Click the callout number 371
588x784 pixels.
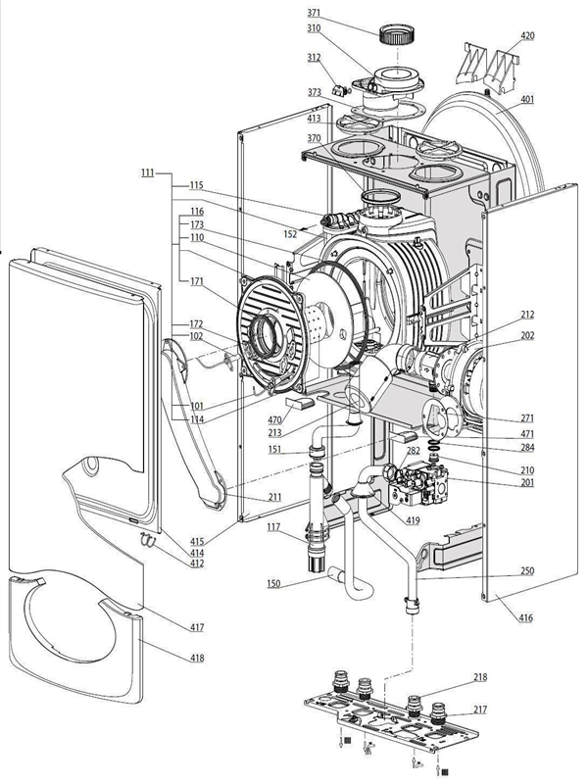(314, 13)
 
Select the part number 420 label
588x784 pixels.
(527, 36)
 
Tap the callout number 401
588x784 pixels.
(527, 99)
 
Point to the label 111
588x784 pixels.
(147, 172)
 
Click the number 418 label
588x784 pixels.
(197, 658)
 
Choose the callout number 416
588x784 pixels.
(526, 619)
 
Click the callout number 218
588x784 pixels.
(480, 677)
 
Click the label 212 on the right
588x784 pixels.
(527, 315)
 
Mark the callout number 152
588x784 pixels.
(291, 234)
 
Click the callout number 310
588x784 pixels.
(314, 28)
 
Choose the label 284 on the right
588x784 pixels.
(526, 449)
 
